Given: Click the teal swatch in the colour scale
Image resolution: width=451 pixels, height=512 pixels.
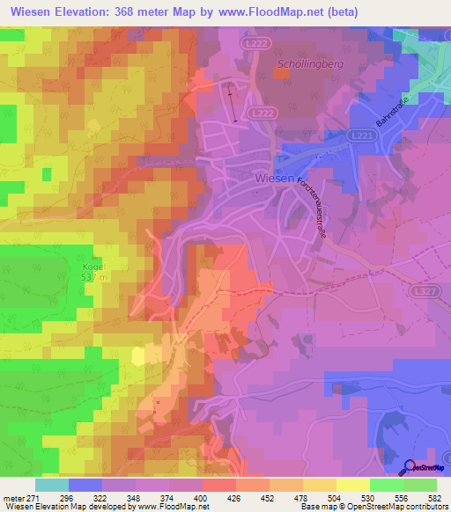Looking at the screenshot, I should pyautogui.click(x=51, y=485).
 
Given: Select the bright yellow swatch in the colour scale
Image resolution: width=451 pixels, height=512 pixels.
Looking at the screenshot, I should pyautogui.click(x=352, y=485).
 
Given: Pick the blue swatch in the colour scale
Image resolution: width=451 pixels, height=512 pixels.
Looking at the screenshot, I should pyautogui.click(x=85, y=485).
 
